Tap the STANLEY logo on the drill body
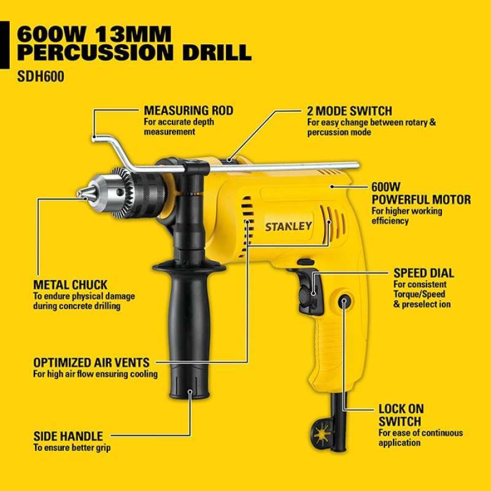[288, 225]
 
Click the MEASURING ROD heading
[188, 110]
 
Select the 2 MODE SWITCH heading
[349, 111]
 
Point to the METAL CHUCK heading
[70, 285]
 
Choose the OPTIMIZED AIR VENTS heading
[91, 363]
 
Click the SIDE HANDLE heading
[68, 436]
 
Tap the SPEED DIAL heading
[423, 273]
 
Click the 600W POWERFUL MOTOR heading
[421, 193]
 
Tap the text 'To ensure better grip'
[72, 448]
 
